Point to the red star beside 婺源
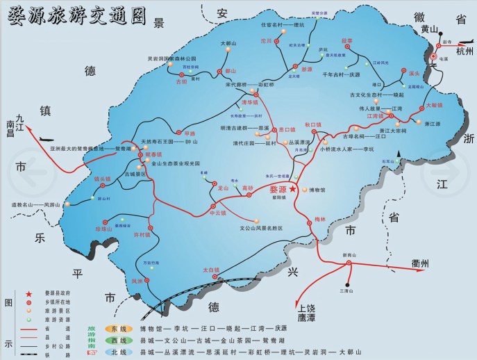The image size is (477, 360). tap(293, 189)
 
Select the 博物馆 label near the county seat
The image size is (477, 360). tap(317, 190)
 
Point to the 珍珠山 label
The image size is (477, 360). tap(103, 229)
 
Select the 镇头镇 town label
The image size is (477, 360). tap(103, 179)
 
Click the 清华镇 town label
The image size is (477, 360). tap(250, 102)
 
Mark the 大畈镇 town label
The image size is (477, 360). tap(435, 106)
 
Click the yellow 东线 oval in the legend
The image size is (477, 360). tap(115, 328)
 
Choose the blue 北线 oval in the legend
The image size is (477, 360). tap(115, 352)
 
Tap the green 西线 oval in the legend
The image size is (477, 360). tap(115, 341)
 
